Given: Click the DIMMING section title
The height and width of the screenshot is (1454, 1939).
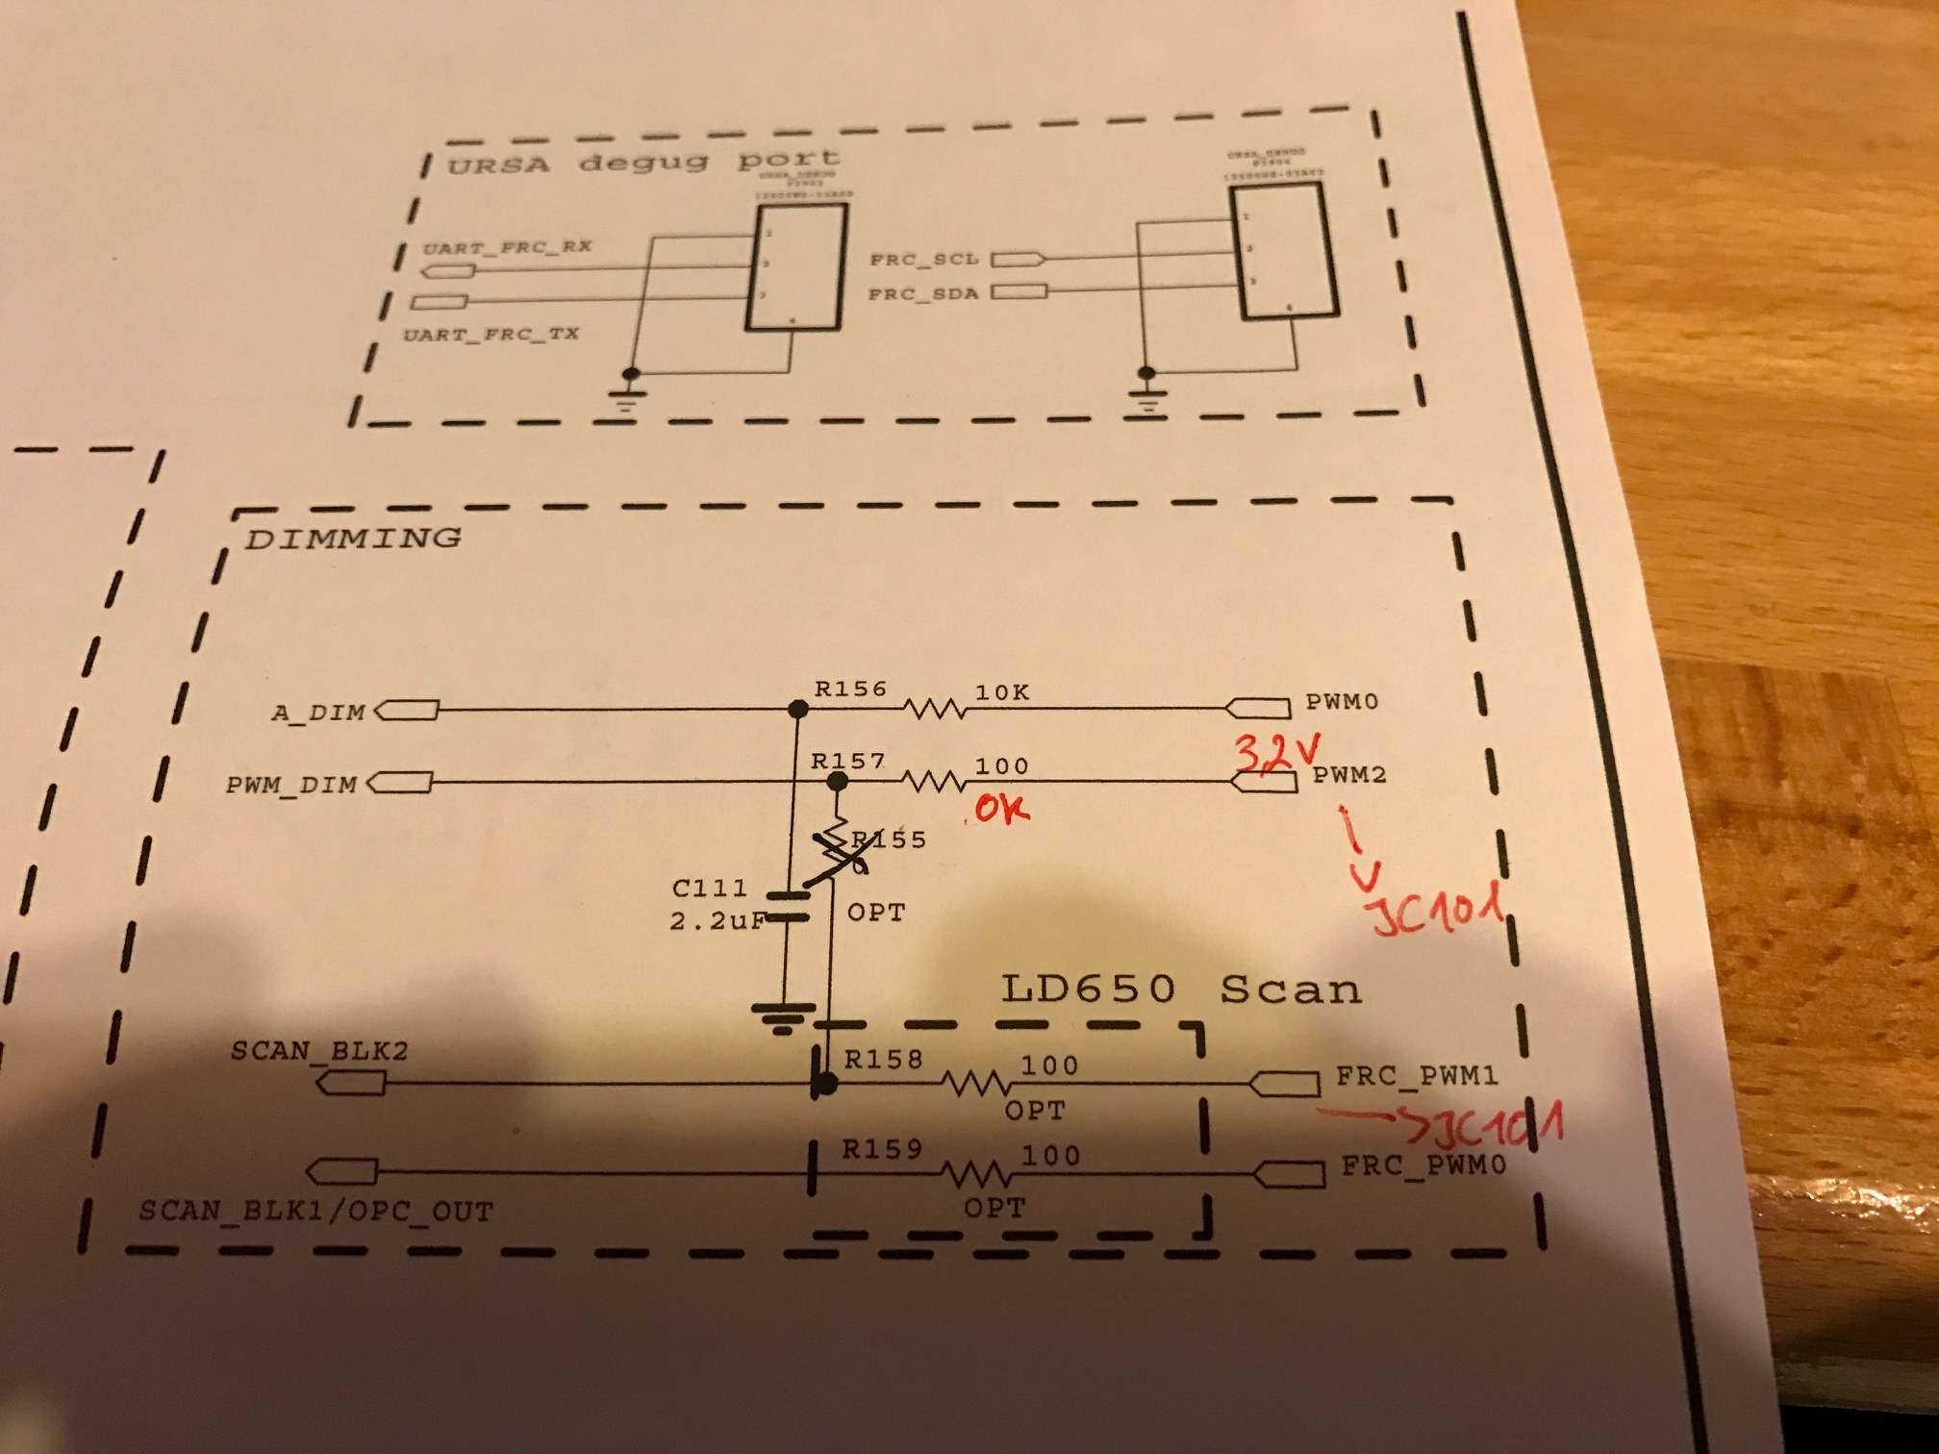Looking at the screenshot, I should point(353,538).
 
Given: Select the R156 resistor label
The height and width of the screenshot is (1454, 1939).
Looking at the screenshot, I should point(850,689).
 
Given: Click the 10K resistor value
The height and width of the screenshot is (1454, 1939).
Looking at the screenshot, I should point(1002,692).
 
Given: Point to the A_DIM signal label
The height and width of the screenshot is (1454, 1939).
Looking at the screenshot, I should point(318,714).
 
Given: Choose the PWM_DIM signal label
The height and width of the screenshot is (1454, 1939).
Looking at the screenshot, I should point(291,785).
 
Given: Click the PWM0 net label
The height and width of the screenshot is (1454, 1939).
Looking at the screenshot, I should point(1342,702).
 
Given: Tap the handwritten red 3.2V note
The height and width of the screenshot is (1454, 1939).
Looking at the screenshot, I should point(1277,752).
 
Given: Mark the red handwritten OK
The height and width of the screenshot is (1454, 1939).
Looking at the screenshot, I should point(1001,809).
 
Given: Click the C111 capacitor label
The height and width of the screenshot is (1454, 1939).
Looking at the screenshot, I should point(710,888).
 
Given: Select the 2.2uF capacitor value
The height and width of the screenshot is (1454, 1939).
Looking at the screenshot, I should point(718,920).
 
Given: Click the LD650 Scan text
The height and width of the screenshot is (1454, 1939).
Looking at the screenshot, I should point(1181,989).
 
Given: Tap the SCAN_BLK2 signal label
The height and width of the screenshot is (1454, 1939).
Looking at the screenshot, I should point(319,1050).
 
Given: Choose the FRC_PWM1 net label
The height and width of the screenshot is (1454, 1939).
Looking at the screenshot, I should point(1417,1075).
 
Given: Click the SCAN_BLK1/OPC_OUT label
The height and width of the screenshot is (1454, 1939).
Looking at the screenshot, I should point(315,1210).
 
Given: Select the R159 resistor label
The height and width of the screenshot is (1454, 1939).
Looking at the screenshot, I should point(882,1149).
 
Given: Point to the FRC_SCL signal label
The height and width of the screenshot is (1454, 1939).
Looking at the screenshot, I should point(923,260).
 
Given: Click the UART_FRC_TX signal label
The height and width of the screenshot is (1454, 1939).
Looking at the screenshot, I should point(491,335).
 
